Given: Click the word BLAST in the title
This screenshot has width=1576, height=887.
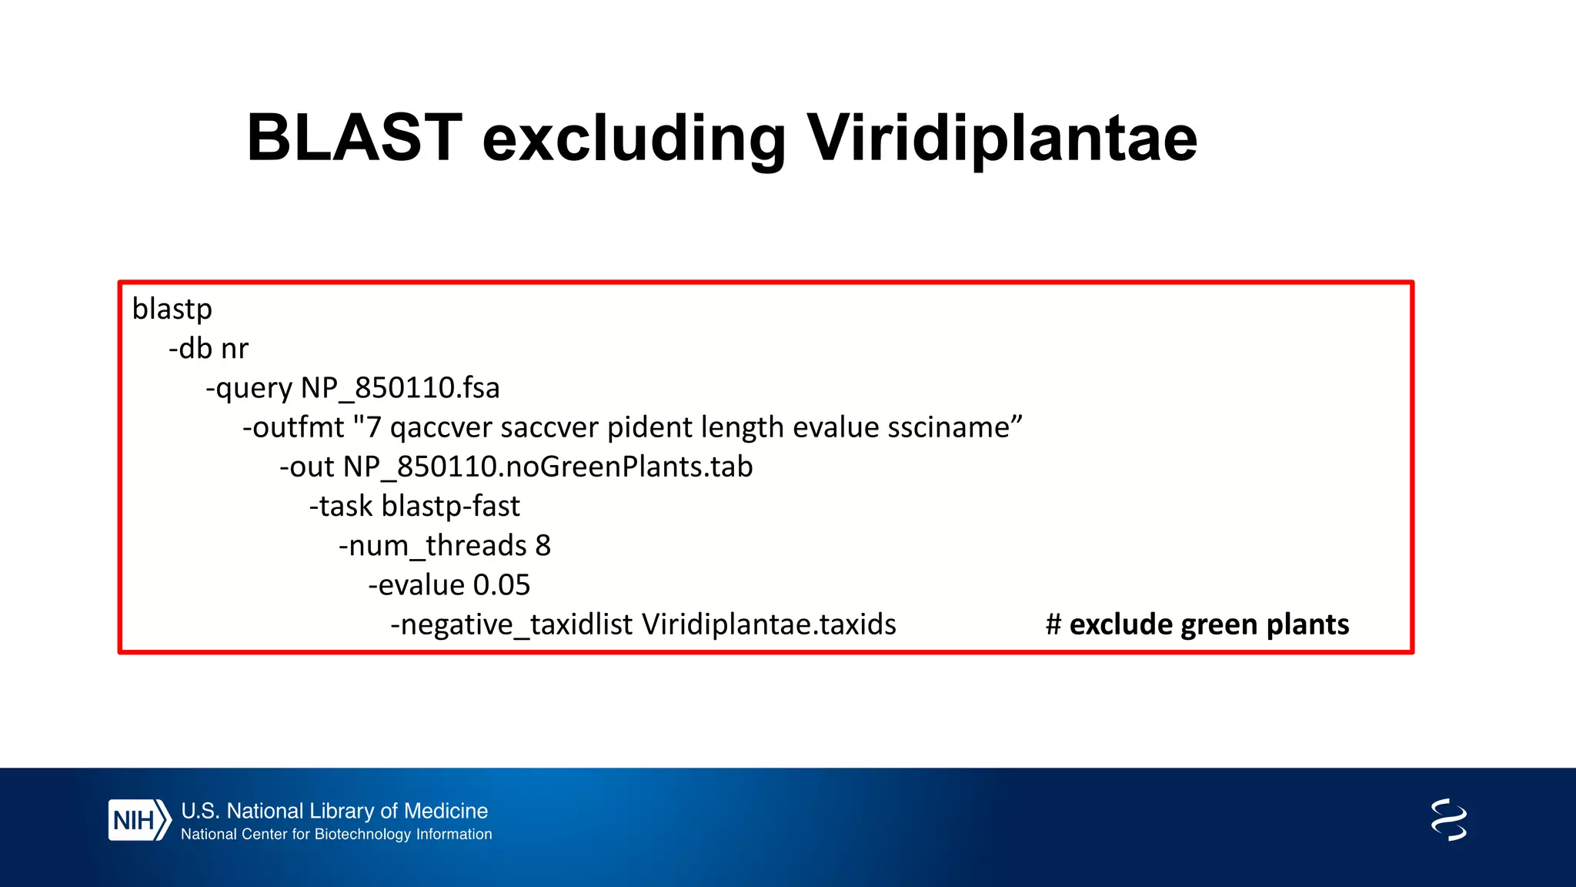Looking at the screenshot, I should [x=354, y=139].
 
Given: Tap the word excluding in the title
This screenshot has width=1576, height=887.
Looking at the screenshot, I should [x=633, y=139].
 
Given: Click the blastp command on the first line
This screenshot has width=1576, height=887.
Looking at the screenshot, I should [x=172, y=310].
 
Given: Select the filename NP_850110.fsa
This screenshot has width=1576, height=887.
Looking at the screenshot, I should [x=400, y=388].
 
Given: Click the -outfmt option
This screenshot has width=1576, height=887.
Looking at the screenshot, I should [x=293, y=427].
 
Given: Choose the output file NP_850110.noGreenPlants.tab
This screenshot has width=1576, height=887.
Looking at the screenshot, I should [x=548, y=467].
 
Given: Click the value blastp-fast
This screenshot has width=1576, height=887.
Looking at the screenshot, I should [x=451, y=507].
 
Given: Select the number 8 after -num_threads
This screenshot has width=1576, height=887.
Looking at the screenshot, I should [x=543, y=546].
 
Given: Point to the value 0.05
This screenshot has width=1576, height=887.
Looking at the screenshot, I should [x=502, y=585].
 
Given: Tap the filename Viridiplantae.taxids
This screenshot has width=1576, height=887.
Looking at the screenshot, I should [x=769, y=624].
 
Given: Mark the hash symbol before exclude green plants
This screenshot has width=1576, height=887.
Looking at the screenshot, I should [x=1053, y=624].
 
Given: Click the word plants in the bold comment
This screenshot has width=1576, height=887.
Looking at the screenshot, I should [x=1307, y=624].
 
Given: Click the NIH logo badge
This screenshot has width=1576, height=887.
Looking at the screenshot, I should [x=139, y=820].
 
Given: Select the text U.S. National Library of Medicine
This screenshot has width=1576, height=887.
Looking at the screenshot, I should [x=334, y=811].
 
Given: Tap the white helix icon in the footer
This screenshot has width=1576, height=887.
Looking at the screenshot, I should [x=1448, y=819].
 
